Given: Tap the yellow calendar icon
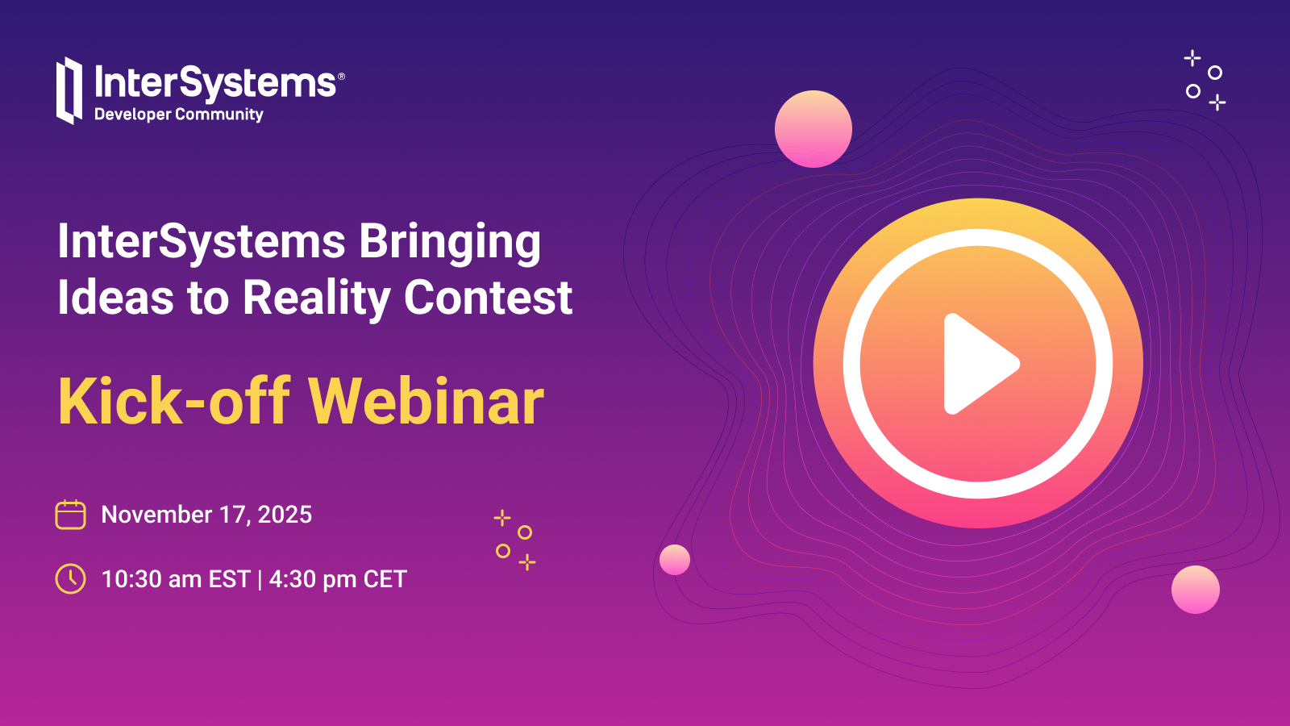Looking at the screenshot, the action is coord(70,515).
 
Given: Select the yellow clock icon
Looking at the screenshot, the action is coord(70,578).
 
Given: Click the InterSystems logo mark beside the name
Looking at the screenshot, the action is coord(69,90).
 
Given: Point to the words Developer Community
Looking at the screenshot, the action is coord(178,115).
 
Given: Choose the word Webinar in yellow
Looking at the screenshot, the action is coord(427,401).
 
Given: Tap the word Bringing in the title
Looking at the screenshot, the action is coord(451,243).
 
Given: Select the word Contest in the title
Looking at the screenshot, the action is coord(489,298).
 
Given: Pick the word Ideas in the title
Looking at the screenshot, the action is coord(115,298).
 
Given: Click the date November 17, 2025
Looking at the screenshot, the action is coord(206,515).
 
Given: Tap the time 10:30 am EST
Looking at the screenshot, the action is coord(176,579).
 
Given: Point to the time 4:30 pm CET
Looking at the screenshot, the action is coord(338,579).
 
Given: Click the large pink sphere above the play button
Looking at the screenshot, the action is coord(814,129).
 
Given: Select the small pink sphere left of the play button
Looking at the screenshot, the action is coord(674,560).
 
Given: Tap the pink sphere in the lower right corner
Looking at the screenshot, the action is coord(1196,590).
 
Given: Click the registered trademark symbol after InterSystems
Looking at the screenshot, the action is coord(341,77).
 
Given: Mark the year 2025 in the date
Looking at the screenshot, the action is coord(285,515).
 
